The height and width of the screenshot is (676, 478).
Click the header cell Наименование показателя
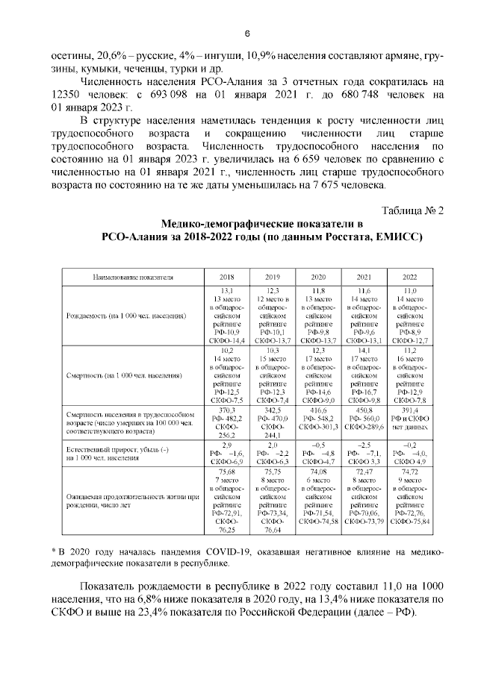133,277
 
